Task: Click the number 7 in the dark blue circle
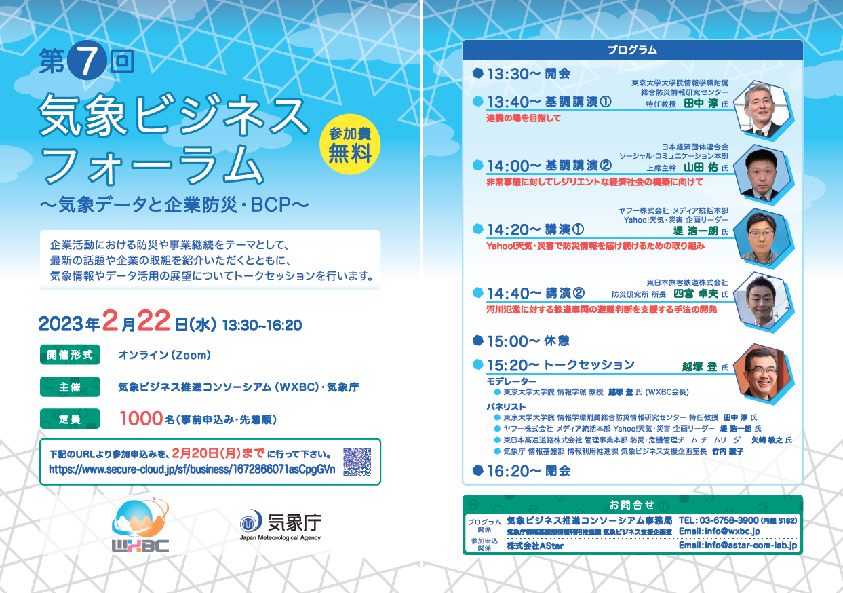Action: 87,60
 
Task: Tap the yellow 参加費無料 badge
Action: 350,145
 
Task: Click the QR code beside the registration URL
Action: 357,461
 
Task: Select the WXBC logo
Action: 140,525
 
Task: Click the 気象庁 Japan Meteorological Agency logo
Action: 280,525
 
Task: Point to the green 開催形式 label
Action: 70,355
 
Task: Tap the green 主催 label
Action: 70,387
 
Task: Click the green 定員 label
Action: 70,419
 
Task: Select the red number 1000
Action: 141,419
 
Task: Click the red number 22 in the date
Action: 153,321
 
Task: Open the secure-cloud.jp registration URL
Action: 192,470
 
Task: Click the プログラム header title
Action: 632,50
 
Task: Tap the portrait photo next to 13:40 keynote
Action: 763,110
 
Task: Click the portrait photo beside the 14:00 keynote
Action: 763,174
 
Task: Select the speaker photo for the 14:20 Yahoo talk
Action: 763,238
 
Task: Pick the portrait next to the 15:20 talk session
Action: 763,373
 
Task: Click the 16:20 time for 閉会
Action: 514,472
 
